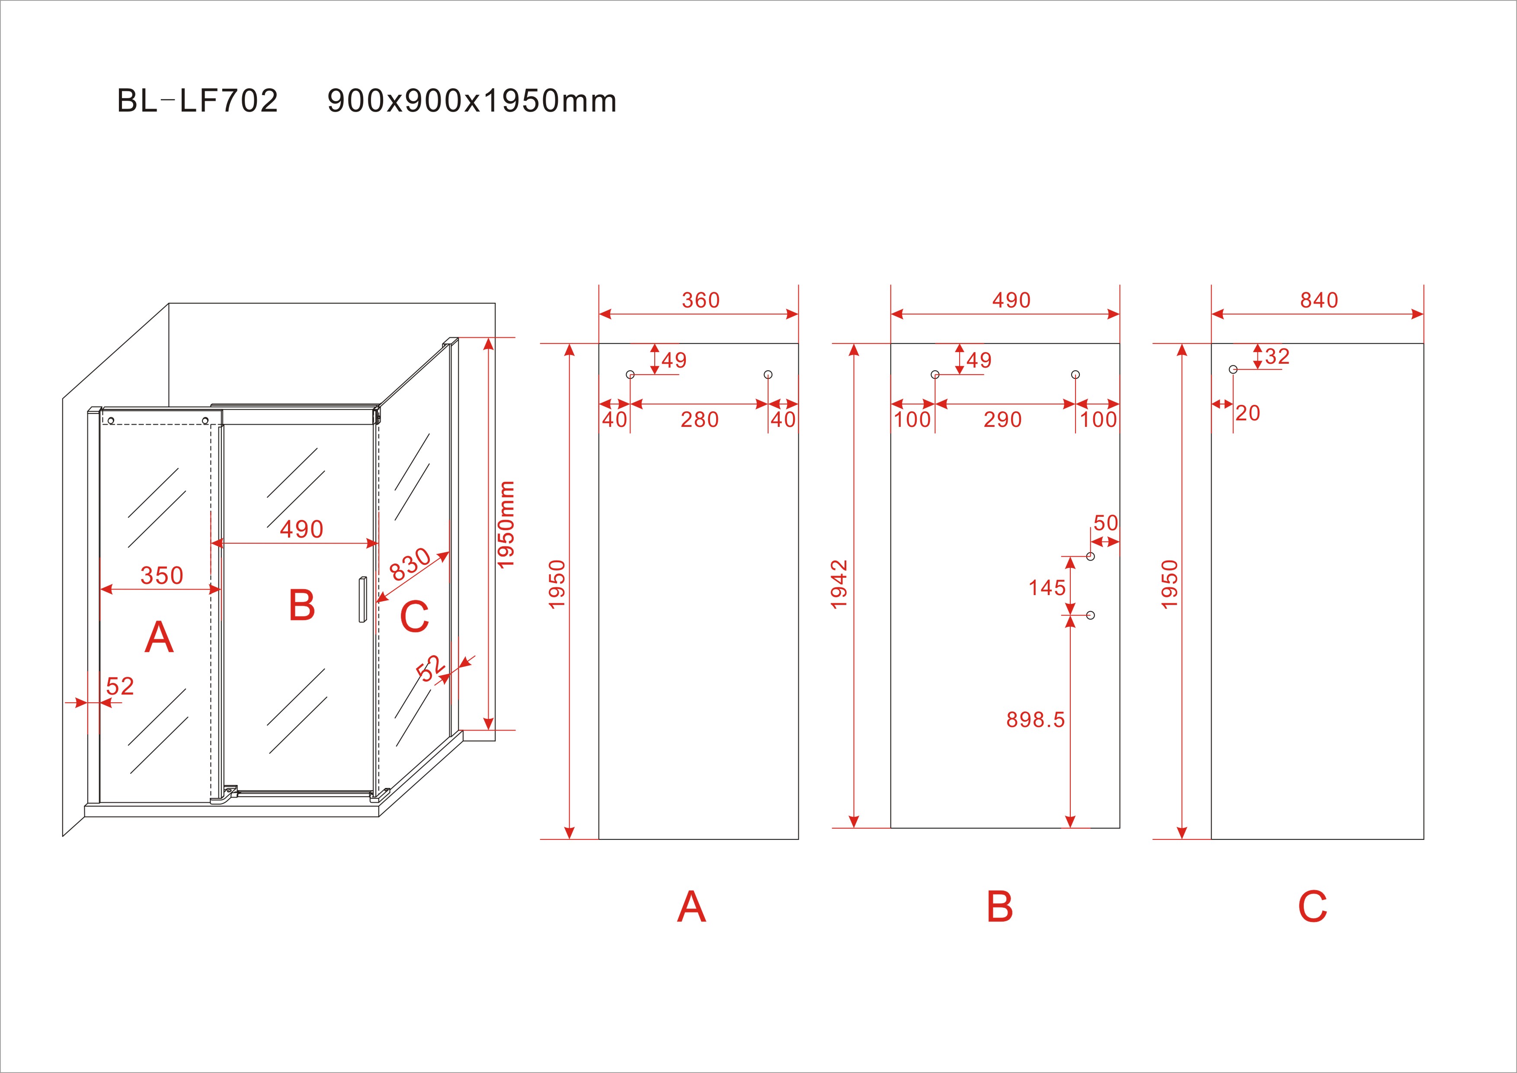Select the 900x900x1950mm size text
click(472, 101)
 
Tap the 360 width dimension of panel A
click(701, 301)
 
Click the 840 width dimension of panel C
click(1319, 301)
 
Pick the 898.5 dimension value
click(1035, 720)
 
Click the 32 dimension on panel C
click(1277, 357)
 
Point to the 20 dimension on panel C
click(1248, 413)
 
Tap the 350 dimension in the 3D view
click(162, 576)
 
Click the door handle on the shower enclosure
click(362, 599)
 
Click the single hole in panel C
click(1233, 369)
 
